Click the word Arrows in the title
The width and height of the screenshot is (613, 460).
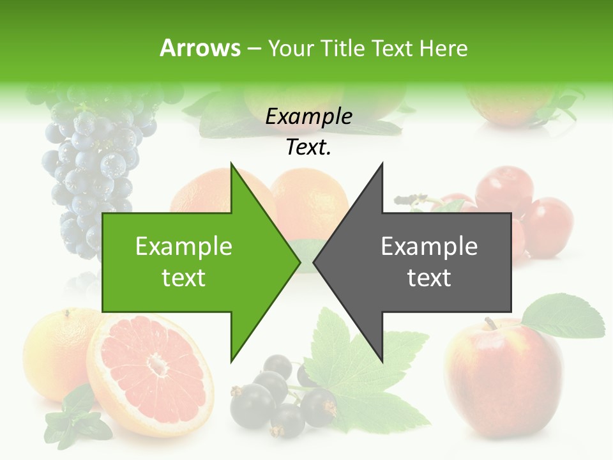[x=200, y=48]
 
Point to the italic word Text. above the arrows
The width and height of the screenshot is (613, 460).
[x=308, y=147]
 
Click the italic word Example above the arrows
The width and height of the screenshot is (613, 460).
[x=308, y=116]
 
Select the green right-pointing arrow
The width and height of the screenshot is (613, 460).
[x=192, y=262]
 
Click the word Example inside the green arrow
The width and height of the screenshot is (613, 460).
[x=184, y=246]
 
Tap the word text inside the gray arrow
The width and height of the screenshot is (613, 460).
[x=429, y=277]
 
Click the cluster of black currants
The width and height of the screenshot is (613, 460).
[x=281, y=396]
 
